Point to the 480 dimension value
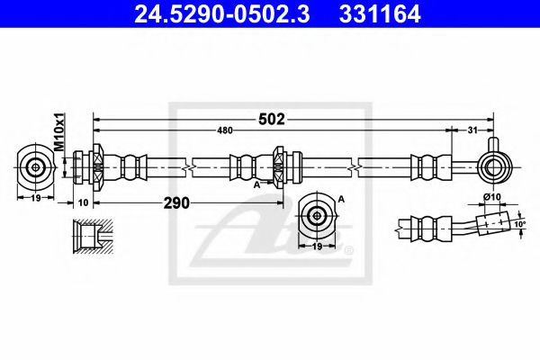[226, 131]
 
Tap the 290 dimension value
[177, 203]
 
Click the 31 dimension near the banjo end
[472, 131]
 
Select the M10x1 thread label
[56, 133]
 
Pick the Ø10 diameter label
[491, 197]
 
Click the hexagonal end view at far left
[36, 166]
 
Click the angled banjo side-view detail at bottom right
[459, 223]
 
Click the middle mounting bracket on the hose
[280, 166]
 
